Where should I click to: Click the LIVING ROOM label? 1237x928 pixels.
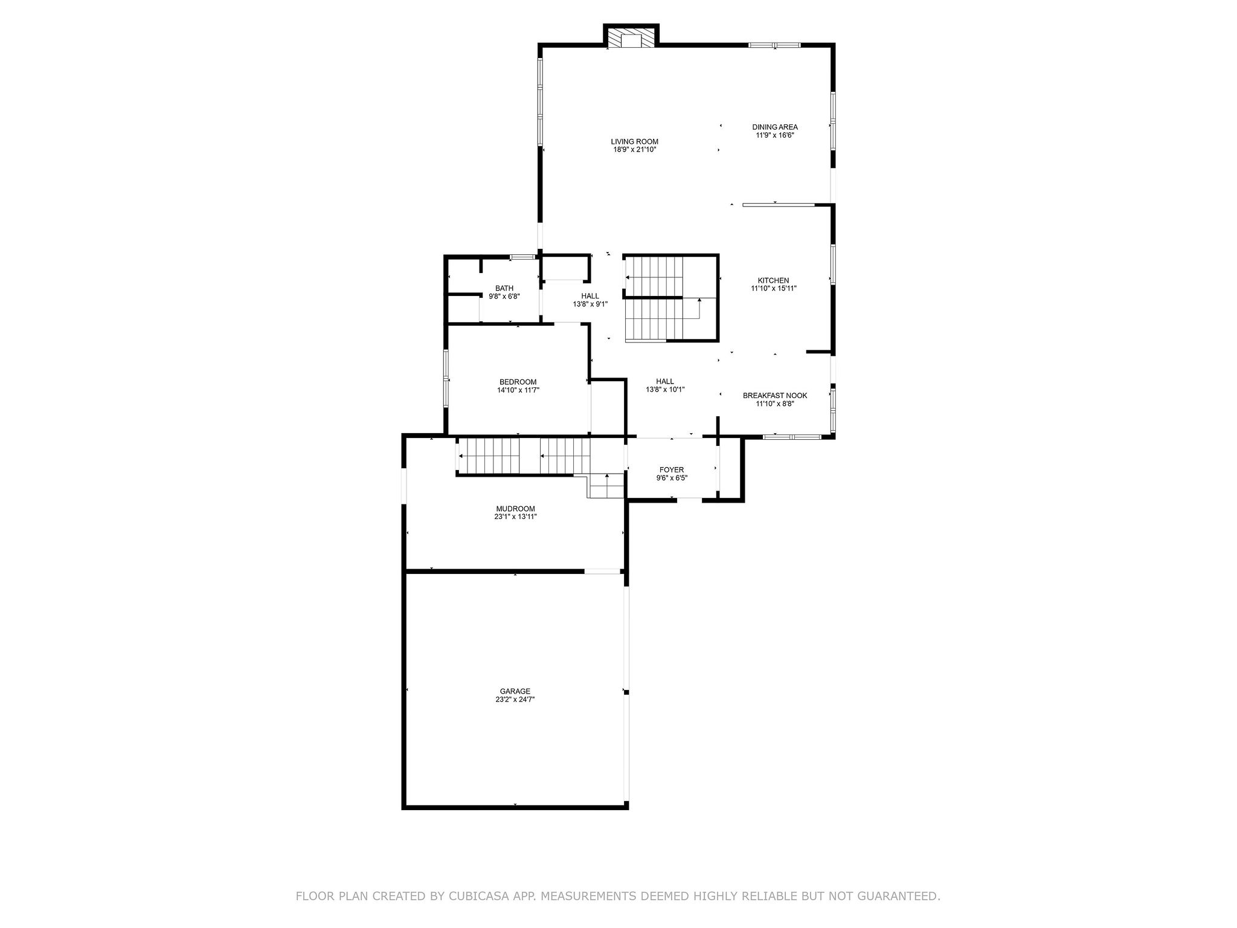point(634,141)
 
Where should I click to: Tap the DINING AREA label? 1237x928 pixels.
point(775,127)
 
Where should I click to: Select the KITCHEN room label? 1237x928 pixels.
point(774,280)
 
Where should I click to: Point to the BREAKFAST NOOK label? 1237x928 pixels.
point(775,396)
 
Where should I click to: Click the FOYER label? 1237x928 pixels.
point(672,470)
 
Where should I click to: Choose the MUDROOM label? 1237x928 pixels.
point(515,509)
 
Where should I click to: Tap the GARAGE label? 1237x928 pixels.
point(515,691)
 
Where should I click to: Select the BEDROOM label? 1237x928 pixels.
point(518,382)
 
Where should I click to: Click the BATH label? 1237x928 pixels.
point(504,288)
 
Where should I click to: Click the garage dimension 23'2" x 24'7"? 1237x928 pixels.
point(515,700)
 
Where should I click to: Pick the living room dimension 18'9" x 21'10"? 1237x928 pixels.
point(634,149)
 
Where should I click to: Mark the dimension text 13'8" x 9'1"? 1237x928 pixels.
point(590,304)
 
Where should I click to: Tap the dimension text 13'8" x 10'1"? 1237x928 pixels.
point(665,390)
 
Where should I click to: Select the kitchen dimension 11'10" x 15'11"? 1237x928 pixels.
point(774,289)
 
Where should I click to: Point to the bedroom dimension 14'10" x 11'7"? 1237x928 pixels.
point(518,390)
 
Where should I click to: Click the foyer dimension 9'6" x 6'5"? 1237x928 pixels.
point(672,478)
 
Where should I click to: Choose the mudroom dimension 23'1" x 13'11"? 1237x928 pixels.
point(515,517)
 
